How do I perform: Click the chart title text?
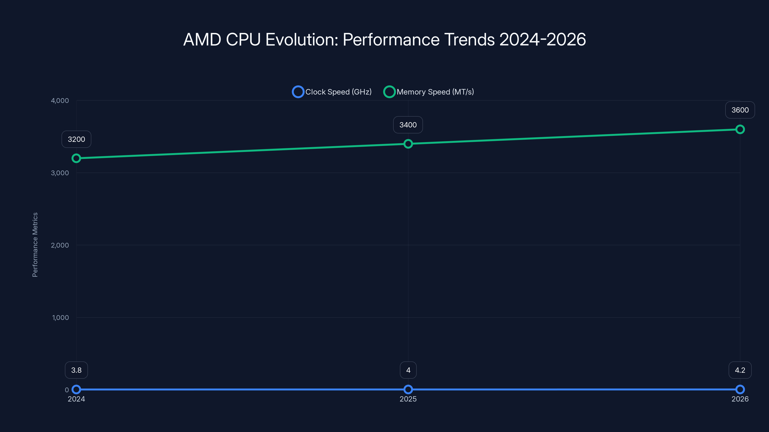point(384,39)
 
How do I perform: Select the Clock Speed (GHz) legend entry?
point(332,92)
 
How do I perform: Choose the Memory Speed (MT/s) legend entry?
point(429,92)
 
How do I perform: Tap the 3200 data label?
point(76,139)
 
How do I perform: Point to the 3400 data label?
point(408,125)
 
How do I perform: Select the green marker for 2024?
point(76,158)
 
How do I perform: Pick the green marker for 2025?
point(408,144)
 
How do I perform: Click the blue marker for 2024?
point(76,389)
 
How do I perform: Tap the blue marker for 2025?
point(408,389)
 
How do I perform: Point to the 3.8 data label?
point(76,370)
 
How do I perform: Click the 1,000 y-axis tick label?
point(60,318)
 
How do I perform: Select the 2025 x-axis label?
point(408,399)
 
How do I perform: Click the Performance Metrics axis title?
point(35,245)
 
